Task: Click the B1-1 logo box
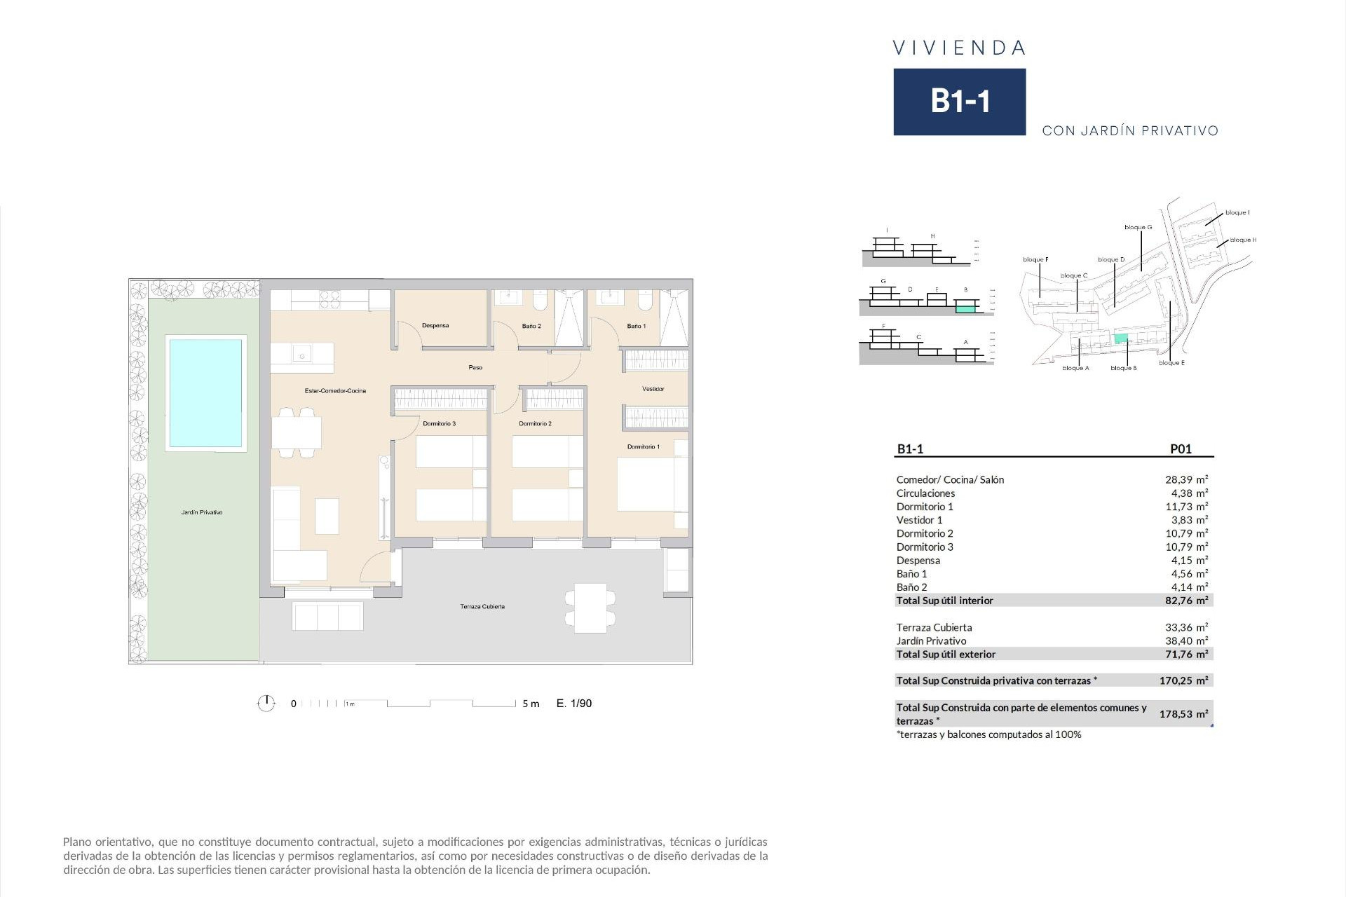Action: (959, 102)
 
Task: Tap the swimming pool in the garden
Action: (205, 393)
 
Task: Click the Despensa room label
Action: (435, 326)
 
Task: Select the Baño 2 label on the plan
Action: (531, 326)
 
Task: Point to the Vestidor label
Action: (653, 389)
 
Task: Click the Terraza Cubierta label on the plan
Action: (482, 607)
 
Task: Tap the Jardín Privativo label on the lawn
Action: (202, 512)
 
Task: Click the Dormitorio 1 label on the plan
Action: (643, 446)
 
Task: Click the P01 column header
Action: (1181, 449)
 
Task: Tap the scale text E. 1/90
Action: (573, 704)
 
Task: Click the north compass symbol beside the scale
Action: (266, 703)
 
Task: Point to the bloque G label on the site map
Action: (1138, 227)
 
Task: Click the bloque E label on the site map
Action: (1171, 363)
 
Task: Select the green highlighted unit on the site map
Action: (1121, 338)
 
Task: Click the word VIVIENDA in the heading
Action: (959, 48)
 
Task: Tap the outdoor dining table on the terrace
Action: (590, 608)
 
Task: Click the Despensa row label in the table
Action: (918, 561)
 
